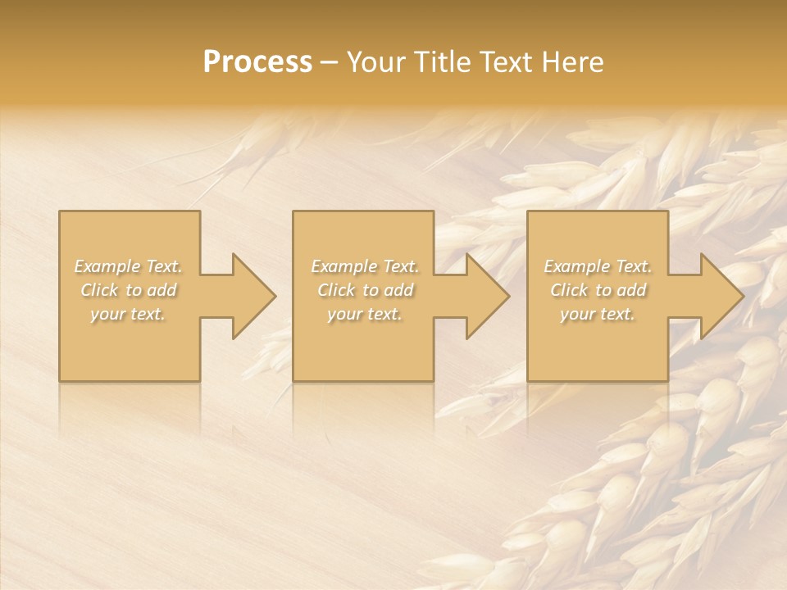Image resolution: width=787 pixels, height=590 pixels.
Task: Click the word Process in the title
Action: tap(257, 62)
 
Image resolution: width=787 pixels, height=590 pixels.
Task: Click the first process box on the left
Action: tap(130, 344)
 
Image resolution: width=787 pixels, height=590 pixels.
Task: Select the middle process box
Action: tap(363, 344)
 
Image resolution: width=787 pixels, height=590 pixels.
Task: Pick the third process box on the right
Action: tap(598, 344)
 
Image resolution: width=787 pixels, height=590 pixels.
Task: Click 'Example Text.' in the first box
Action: tap(129, 266)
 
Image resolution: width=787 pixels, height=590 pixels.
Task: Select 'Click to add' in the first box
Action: tap(129, 290)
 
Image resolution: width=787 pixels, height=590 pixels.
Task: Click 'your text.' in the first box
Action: tap(129, 314)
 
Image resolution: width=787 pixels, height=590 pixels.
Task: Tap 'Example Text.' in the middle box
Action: tap(365, 266)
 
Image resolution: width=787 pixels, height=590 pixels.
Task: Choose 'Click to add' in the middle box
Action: tap(365, 290)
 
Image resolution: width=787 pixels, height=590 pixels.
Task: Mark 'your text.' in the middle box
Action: tap(365, 314)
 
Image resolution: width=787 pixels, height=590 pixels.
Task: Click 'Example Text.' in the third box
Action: tap(598, 266)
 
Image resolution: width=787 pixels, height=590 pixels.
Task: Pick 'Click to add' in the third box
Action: tap(598, 290)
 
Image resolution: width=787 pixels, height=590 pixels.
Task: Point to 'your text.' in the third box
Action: tap(598, 314)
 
